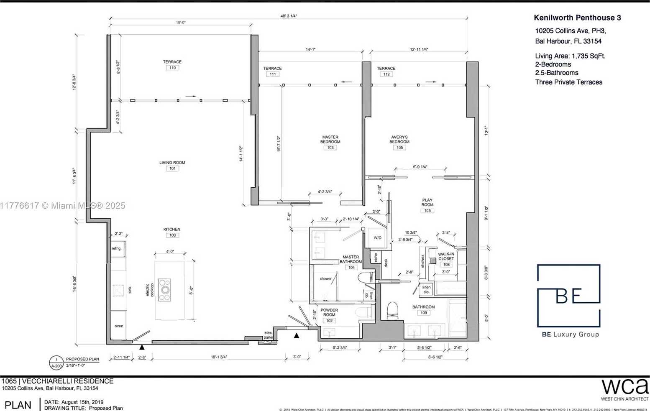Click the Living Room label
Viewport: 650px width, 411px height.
pos(172,163)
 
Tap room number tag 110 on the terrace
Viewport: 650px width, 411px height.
pos(172,68)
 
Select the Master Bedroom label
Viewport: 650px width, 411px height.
pos(330,139)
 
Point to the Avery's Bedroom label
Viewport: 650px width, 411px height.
pos(399,139)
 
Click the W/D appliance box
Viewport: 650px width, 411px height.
pos(377,238)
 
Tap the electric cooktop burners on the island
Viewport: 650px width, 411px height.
pos(164,289)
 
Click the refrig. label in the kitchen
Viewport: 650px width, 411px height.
pos(116,248)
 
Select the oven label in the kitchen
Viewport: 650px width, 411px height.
pos(119,326)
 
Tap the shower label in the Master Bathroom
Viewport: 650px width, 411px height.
pos(325,278)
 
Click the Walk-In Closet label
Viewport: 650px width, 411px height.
pos(446,256)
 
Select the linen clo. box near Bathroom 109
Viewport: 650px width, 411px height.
pos(426,289)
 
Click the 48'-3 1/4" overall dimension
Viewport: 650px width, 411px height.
pos(289,16)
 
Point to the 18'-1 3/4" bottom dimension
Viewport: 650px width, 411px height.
pos(219,357)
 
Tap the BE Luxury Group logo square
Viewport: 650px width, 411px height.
pos(568,295)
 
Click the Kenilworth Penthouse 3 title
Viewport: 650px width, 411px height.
pos(577,18)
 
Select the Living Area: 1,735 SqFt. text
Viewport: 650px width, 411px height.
pos(570,56)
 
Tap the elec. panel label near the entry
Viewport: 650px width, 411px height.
pos(268,335)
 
